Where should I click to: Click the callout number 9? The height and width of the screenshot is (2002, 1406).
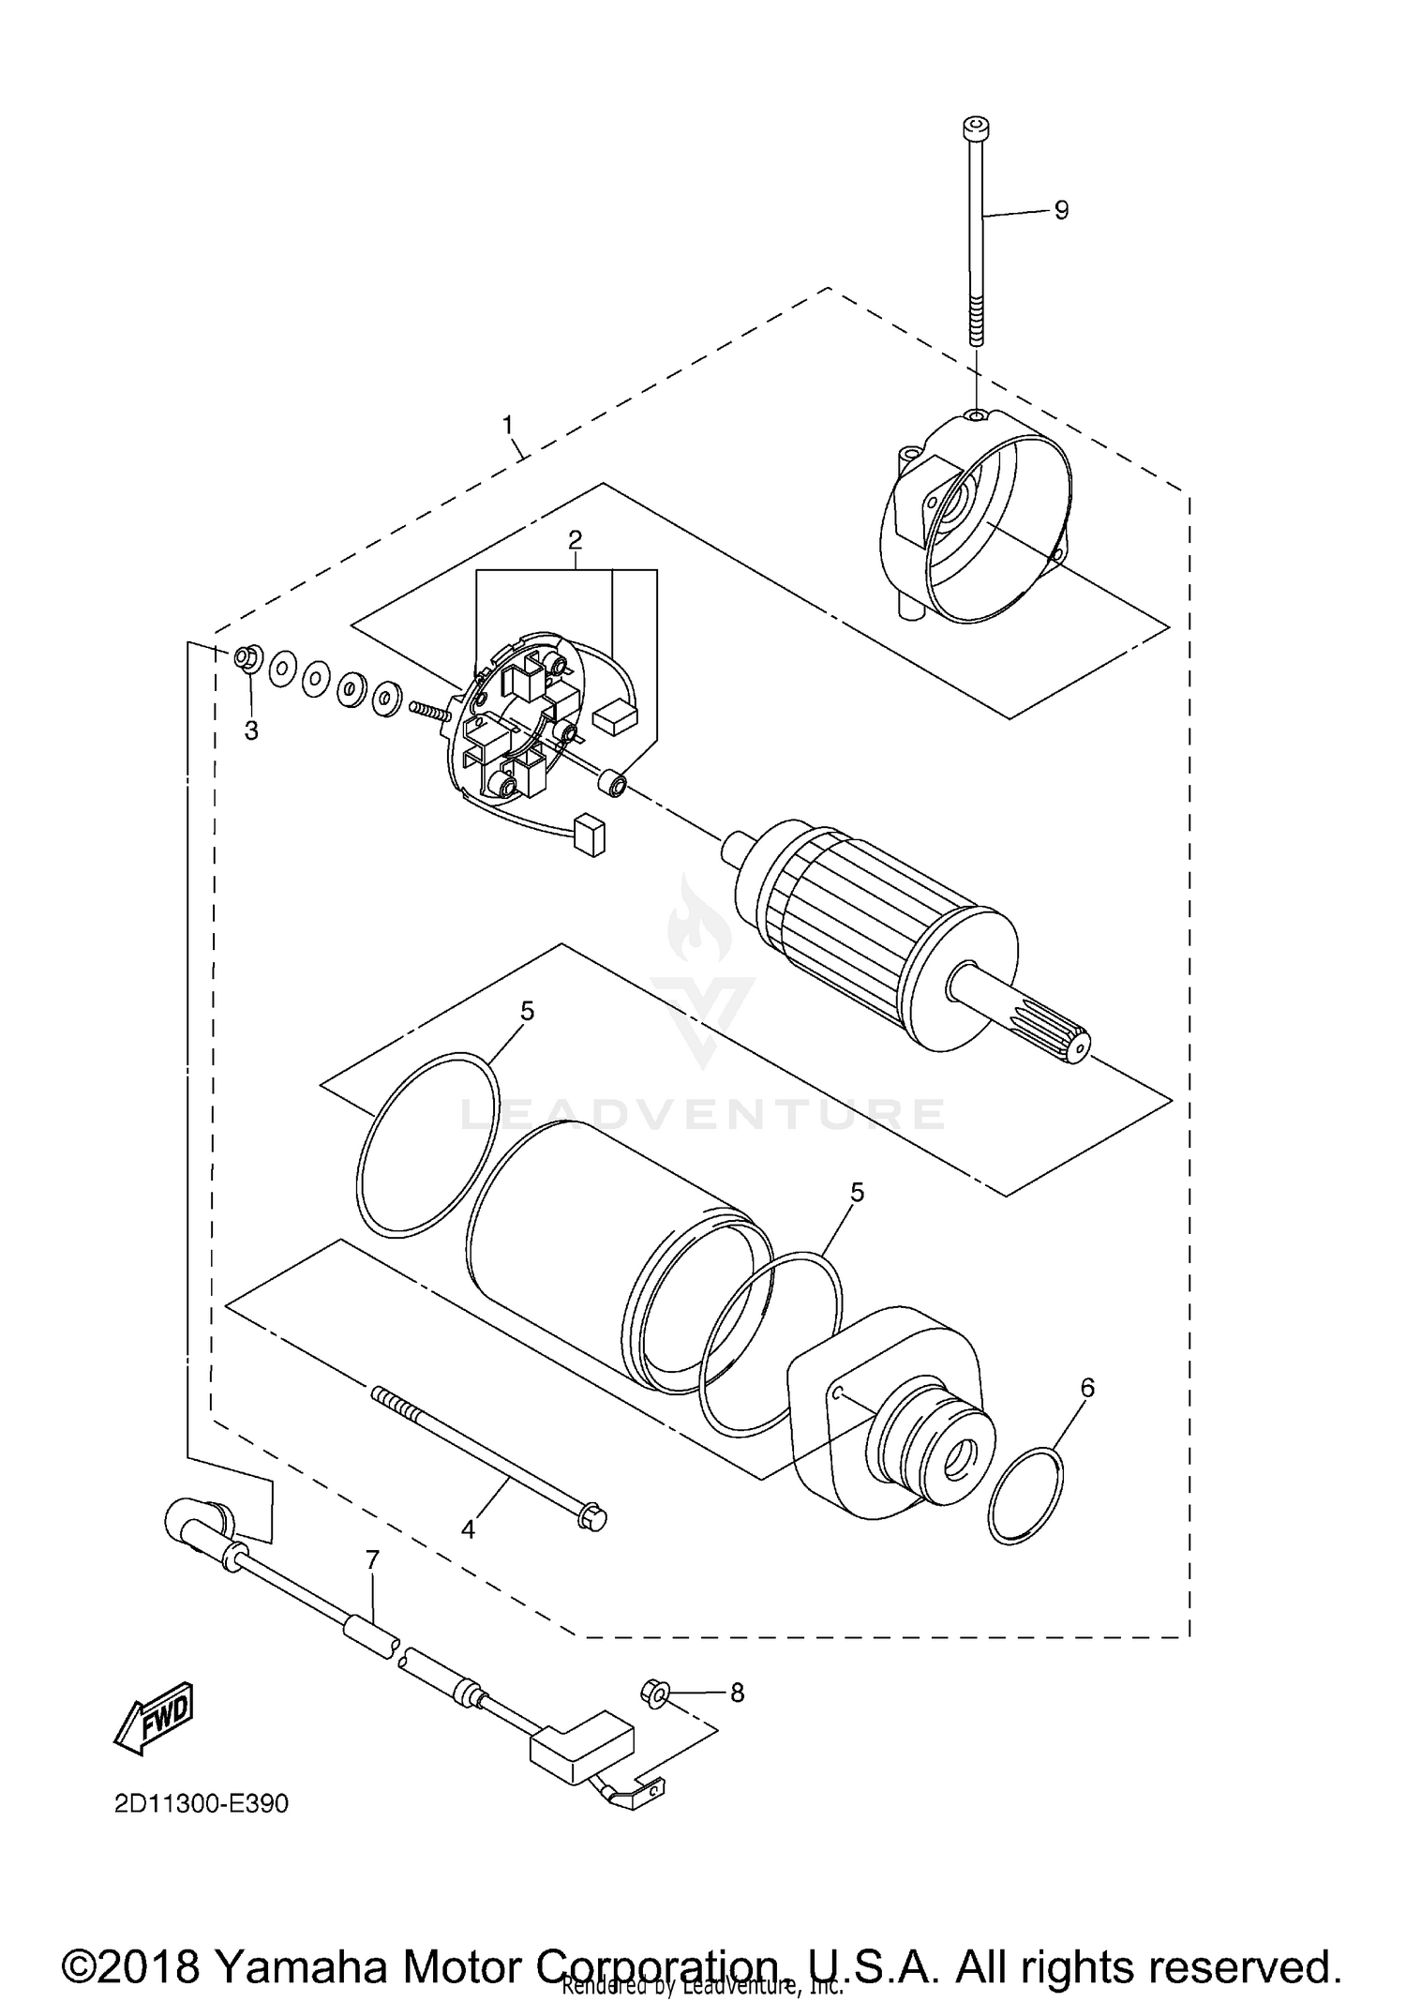1061,210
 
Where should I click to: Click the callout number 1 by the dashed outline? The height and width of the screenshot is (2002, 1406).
507,426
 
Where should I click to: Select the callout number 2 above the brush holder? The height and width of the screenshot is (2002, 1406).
575,539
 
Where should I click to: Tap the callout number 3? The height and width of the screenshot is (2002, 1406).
251,730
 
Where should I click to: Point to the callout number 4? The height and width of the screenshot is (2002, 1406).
468,1528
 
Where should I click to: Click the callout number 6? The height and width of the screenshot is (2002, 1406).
1087,1387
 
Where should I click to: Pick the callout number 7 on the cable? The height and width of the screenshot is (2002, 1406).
372,1560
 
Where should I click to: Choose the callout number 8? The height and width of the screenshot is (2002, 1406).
737,1693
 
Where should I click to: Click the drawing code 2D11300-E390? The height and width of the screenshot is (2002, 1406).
202,1804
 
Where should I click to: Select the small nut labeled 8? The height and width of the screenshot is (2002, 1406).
654,1693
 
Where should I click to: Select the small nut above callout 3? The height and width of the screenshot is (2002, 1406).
246,657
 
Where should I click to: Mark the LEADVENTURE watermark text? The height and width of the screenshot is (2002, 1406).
703,1113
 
